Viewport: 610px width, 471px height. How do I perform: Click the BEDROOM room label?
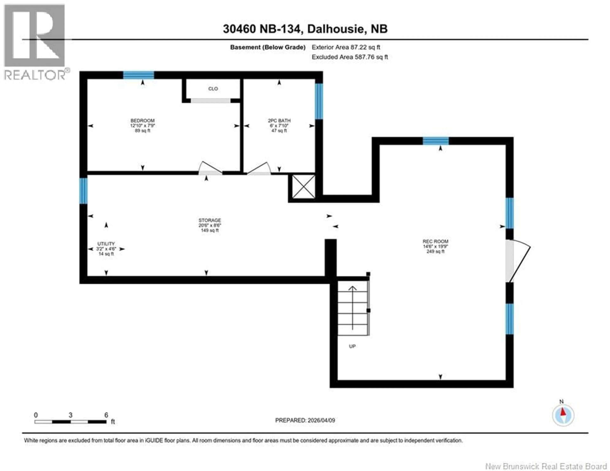click(142, 121)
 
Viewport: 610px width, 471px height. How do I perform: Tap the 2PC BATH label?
click(279, 121)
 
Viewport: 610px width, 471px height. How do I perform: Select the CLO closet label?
click(213, 89)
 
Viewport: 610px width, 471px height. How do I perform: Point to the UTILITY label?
click(106, 244)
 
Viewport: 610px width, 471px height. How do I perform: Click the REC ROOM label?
click(435, 241)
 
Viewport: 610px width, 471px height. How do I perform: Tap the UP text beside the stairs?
click(352, 346)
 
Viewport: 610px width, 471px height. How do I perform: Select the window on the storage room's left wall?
click(83, 191)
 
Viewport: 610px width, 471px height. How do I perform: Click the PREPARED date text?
click(305, 420)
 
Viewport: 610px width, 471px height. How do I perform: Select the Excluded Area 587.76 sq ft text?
click(350, 57)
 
